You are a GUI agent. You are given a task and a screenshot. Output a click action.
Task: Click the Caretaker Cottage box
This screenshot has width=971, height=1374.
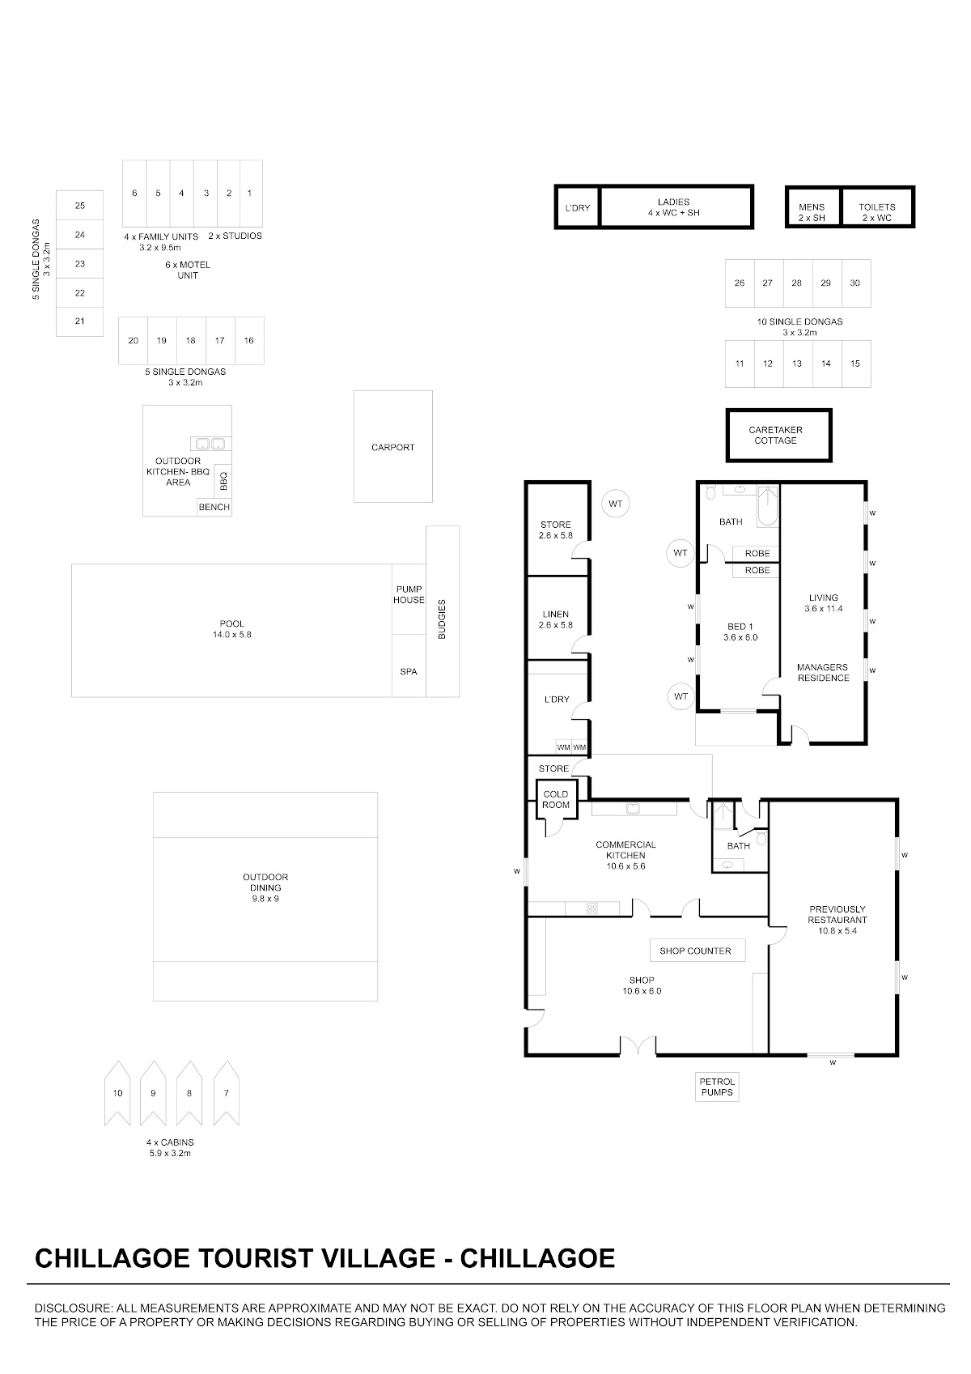point(778,435)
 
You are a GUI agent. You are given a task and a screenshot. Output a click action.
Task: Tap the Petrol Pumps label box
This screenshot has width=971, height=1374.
point(717,1087)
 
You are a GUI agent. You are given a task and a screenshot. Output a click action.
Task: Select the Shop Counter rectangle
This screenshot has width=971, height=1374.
point(698,951)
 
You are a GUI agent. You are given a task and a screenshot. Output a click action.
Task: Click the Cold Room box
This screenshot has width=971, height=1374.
point(556,799)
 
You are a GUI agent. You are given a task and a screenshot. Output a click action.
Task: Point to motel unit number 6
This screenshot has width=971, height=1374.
point(134,194)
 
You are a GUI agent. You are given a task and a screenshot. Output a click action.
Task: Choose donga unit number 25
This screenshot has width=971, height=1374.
point(79,206)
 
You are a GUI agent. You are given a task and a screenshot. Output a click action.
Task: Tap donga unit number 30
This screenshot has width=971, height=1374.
point(856,283)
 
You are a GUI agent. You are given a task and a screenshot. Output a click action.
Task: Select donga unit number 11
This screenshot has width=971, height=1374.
point(740,364)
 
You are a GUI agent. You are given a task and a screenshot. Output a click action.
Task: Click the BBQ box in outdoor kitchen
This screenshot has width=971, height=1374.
point(223,480)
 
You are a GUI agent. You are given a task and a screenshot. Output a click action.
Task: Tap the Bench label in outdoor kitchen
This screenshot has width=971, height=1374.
point(214,508)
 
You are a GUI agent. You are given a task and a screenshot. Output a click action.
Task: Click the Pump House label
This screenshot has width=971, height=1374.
point(409,595)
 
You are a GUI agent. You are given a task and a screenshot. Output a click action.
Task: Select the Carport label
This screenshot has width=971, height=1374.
point(393,447)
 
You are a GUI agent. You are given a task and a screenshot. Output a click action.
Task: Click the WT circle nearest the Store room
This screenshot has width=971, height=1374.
point(616,504)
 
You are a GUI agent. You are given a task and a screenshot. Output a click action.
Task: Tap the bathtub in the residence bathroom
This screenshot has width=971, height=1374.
point(768,506)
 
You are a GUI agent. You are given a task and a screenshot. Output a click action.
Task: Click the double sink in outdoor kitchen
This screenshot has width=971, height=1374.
point(211,444)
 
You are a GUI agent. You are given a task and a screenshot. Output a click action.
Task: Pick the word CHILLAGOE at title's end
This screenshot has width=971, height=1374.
point(537,1259)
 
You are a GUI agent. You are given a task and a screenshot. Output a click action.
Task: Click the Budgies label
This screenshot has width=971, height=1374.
point(442,619)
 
